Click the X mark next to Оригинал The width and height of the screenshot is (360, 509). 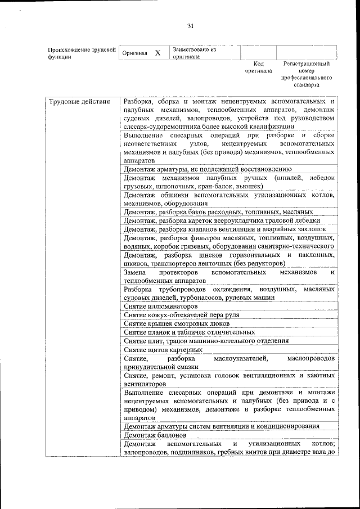pyautogui.click(x=157, y=53)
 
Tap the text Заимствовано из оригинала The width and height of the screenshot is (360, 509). pyautogui.click(x=195, y=53)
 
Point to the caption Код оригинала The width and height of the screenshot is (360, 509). pyautogui.click(x=258, y=67)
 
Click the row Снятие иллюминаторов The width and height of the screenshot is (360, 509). pyautogui.click(x=161, y=307)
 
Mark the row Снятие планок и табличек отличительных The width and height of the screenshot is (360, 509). pyautogui.click(x=181, y=332)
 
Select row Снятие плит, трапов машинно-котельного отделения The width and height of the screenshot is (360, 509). pyautogui.click(x=198, y=341)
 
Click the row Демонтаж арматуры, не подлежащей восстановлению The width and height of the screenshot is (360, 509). pyautogui.click(x=207, y=168)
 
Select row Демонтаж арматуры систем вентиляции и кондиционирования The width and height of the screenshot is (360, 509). pyautogui.click(x=222, y=426)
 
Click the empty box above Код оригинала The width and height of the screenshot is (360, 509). pyautogui.click(x=258, y=52)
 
